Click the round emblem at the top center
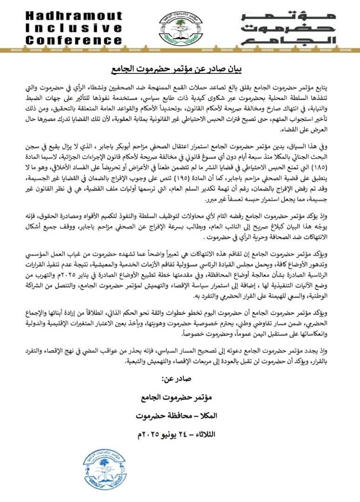(x=180, y=28)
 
